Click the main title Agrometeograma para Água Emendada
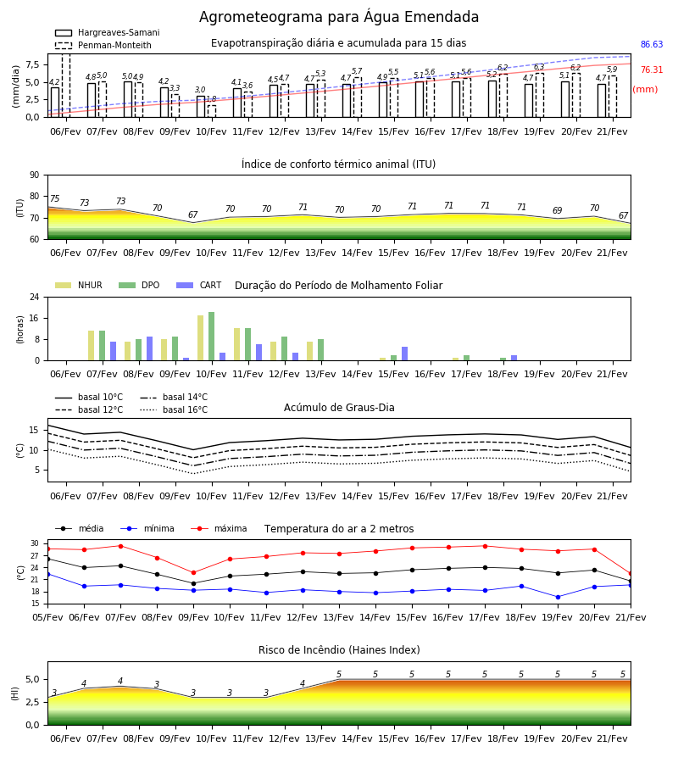pos(339,17)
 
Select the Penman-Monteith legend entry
pos(103,45)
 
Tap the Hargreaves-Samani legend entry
pos(107,32)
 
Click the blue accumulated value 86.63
pos(652,44)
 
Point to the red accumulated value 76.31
pos(652,70)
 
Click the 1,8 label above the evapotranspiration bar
pos(211,99)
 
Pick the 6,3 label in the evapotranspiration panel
pos(539,67)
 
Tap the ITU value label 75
pos(54,198)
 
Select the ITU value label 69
pos(558,210)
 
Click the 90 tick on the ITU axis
pos(35,175)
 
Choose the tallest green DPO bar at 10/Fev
pos(212,337)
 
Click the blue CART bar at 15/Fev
pos(404,354)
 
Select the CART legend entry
pos(199,285)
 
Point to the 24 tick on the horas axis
pos(35,297)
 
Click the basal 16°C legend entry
pos(174,409)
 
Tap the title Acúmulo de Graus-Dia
pos(339,408)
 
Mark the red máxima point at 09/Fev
pos(193,573)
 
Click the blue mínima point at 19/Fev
pos(558,597)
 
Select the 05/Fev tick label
pos(47,617)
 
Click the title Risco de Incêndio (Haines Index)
pos(339,650)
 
